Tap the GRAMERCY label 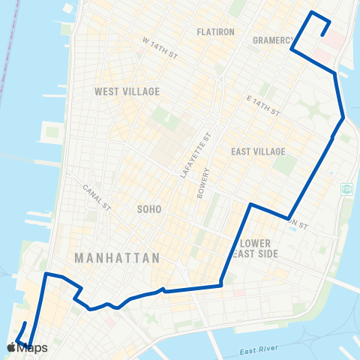coord(271,40)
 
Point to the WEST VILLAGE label coord(127,91)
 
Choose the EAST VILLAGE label coord(258,151)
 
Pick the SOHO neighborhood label coord(149,209)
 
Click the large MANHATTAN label coord(117,258)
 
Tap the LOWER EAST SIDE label coord(259,249)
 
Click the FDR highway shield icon coord(346,187)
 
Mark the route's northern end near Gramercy coord(322,34)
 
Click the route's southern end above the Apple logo coord(25,323)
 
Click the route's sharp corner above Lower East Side coord(250,204)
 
